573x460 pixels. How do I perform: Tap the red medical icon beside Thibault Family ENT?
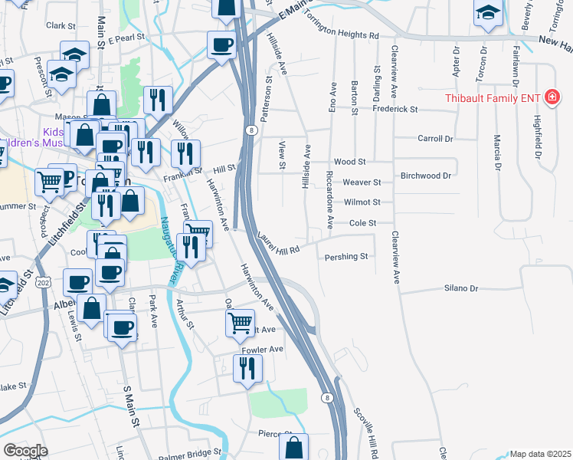coord(551,97)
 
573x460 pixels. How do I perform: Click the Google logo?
coord(25,451)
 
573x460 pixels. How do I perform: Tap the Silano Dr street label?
coord(461,288)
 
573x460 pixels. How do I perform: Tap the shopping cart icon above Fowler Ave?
coord(241,323)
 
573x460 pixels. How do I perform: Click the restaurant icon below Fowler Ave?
coord(247,369)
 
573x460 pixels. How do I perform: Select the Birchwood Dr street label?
coord(425,175)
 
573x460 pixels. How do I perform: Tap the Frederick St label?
coord(395,110)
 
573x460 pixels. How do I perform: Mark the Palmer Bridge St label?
coord(189,453)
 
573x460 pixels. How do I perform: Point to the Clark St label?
coord(58,25)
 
